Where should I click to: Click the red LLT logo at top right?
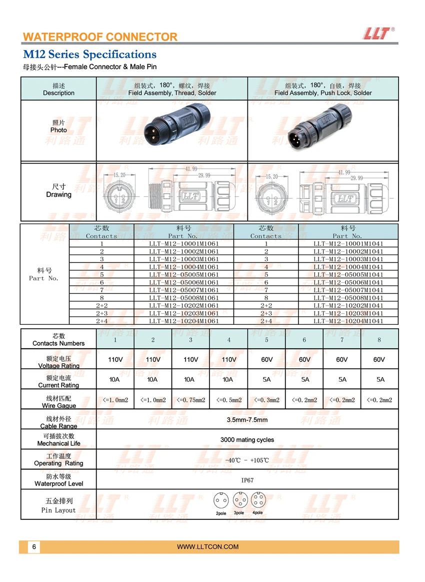point(376,33)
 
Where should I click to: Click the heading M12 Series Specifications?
point(89,54)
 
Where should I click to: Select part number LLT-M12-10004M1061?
point(184,267)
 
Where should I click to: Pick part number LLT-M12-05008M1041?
point(348,298)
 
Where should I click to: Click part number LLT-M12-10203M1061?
point(184,313)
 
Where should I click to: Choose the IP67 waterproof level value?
point(247,480)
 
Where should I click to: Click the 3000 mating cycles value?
point(247,440)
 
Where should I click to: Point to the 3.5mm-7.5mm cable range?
point(247,420)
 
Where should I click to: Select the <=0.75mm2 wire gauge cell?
point(190,400)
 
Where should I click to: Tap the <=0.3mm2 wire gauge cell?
point(266,400)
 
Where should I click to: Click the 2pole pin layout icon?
point(220,500)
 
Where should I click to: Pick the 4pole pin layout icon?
point(258,500)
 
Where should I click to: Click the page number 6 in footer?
point(34,547)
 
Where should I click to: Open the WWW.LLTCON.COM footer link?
point(208,547)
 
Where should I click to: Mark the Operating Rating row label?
point(58,460)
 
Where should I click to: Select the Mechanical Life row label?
point(58,440)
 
